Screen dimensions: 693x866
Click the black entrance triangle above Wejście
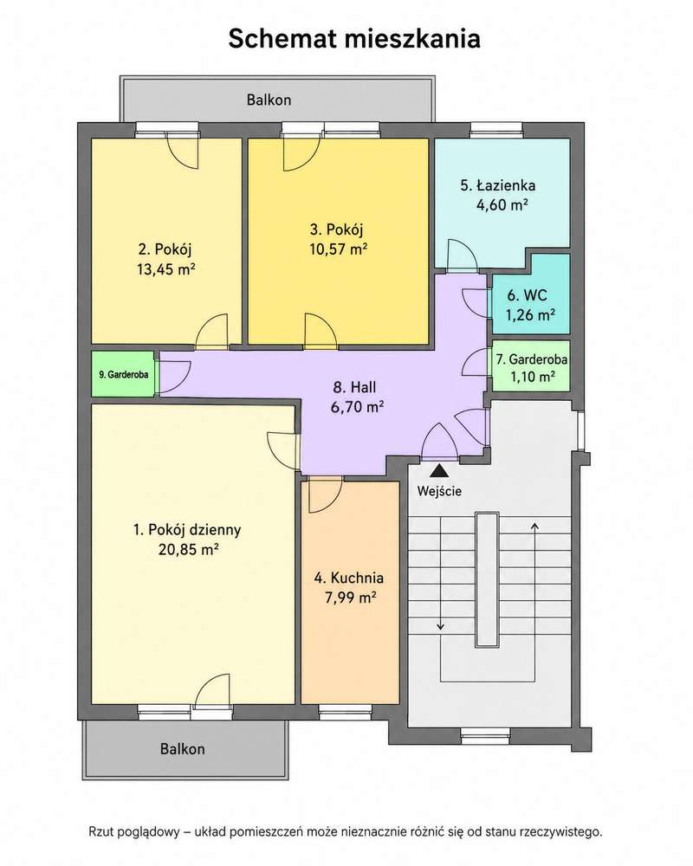(439, 470)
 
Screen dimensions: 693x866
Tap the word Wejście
(439, 491)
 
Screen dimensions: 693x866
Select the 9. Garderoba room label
(123, 374)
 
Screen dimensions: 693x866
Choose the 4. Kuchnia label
(349, 578)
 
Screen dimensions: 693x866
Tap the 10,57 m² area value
(338, 249)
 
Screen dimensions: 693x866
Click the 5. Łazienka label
(498, 185)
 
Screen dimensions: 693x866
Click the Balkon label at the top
(269, 100)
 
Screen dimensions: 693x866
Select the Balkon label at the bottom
(183, 749)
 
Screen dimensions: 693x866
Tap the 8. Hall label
(354, 387)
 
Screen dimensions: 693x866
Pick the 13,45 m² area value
(165, 269)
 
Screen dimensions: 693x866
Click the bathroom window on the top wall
(496, 131)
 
